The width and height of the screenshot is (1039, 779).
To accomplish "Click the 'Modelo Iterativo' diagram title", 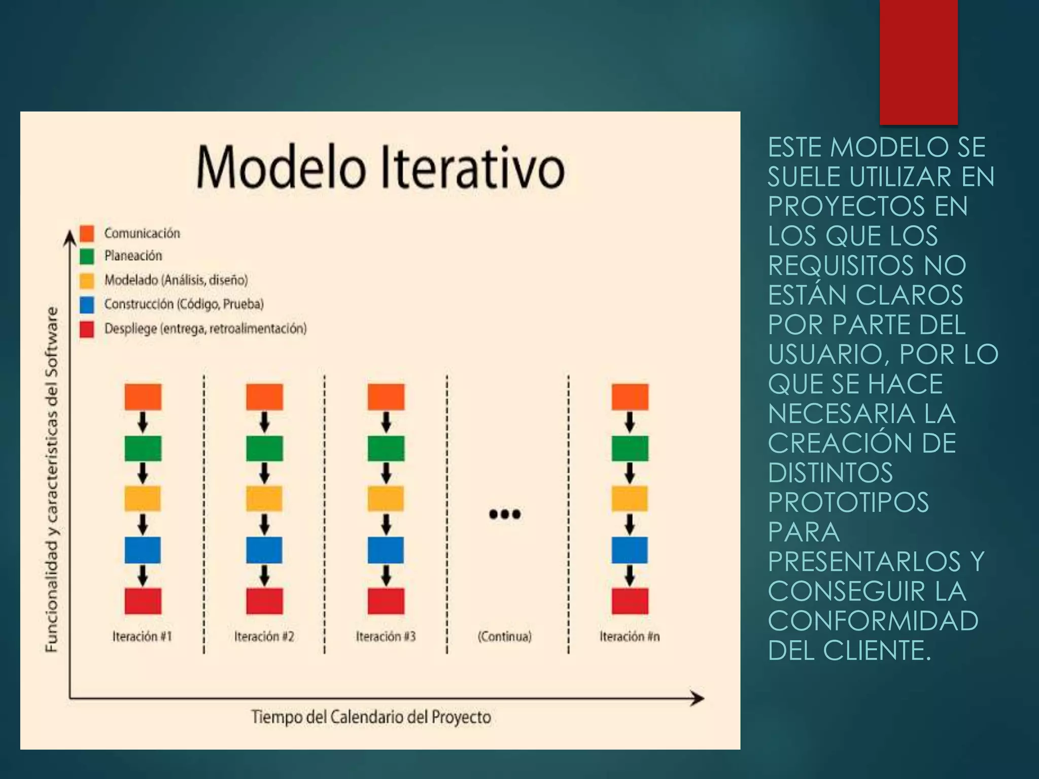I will click(x=380, y=167).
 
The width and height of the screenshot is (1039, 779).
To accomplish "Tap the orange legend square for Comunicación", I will click(x=87, y=233).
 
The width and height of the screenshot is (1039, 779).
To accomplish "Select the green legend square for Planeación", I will click(x=87, y=256).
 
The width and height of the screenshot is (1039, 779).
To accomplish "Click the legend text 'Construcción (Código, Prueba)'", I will click(x=184, y=304).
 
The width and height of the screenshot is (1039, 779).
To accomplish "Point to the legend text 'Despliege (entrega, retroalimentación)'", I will click(x=205, y=329).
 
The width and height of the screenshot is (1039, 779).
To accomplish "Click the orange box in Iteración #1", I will click(x=143, y=397).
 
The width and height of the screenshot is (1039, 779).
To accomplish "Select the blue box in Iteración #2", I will click(x=264, y=550).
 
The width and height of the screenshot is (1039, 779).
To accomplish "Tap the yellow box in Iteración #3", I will click(x=386, y=499).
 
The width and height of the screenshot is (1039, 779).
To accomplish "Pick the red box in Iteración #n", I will click(x=630, y=601).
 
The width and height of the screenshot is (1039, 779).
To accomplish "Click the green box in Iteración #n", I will click(x=630, y=448).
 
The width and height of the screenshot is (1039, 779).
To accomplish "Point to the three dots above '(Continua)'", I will click(x=505, y=514).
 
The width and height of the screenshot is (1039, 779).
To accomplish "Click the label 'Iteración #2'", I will click(x=264, y=636).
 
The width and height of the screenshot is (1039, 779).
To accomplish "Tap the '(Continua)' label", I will click(x=505, y=636).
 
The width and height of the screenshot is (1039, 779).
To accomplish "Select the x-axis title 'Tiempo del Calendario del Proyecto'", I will click(x=371, y=717).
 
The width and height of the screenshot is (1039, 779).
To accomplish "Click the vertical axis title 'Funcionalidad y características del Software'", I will click(x=52, y=479).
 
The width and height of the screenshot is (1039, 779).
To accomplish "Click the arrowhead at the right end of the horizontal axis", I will click(x=698, y=698).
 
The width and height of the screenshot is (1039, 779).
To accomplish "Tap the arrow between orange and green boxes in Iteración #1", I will click(x=143, y=422).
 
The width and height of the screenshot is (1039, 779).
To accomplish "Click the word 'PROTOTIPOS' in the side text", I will click(x=848, y=502).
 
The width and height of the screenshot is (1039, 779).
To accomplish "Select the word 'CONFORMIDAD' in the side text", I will click(x=873, y=621).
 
